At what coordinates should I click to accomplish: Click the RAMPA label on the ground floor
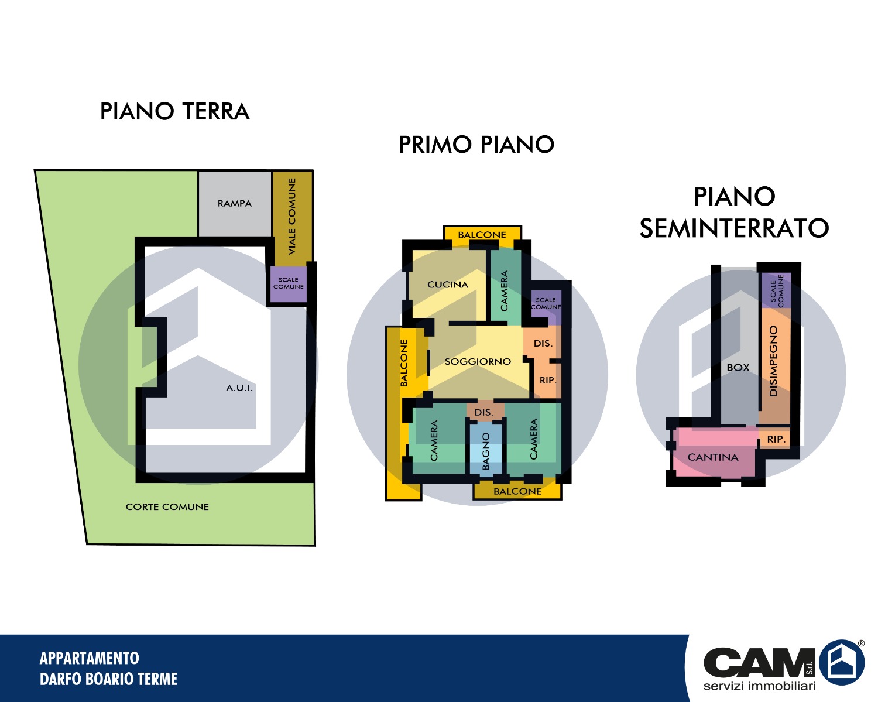(x=235, y=203)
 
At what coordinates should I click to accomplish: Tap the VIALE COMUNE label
(x=291, y=216)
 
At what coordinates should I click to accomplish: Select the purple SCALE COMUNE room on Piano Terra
(x=289, y=284)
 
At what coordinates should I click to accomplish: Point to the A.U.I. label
(x=239, y=388)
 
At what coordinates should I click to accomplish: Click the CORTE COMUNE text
(x=167, y=506)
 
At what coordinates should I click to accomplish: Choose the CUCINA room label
(x=448, y=285)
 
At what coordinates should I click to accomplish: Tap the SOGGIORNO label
(x=478, y=361)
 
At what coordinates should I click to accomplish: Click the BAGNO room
(x=485, y=450)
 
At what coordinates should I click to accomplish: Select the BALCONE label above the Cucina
(x=482, y=235)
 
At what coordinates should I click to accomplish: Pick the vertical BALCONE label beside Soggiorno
(x=404, y=363)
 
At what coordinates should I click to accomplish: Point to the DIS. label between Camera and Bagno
(x=484, y=413)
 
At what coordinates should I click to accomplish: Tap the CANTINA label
(x=713, y=457)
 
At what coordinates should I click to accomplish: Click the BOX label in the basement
(x=738, y=367)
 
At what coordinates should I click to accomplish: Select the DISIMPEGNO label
(x=773, y=361)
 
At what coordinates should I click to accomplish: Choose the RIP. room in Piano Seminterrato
(x=774, y=439)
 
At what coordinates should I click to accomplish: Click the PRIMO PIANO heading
(x=476, y=145)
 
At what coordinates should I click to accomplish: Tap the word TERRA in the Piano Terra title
(x=216, y=111)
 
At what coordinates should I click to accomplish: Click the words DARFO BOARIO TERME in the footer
(x=108, y=679)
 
